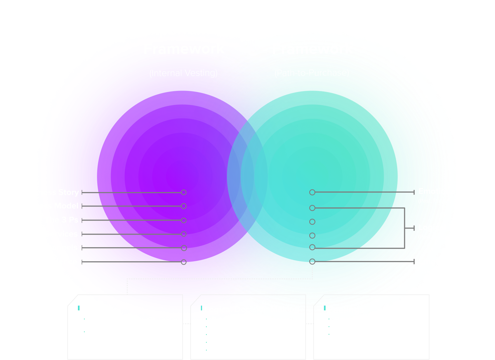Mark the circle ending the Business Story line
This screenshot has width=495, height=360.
coord(184,192)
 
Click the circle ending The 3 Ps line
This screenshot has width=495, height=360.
coord(184,220)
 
